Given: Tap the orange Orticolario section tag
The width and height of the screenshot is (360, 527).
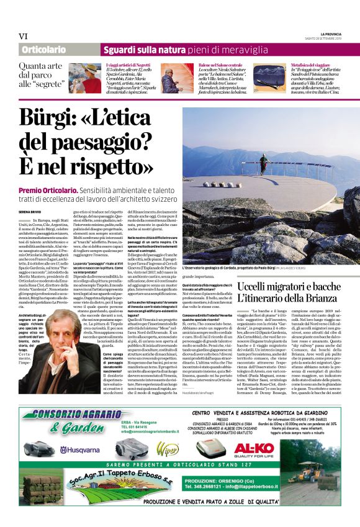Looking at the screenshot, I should coord(43,50).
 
